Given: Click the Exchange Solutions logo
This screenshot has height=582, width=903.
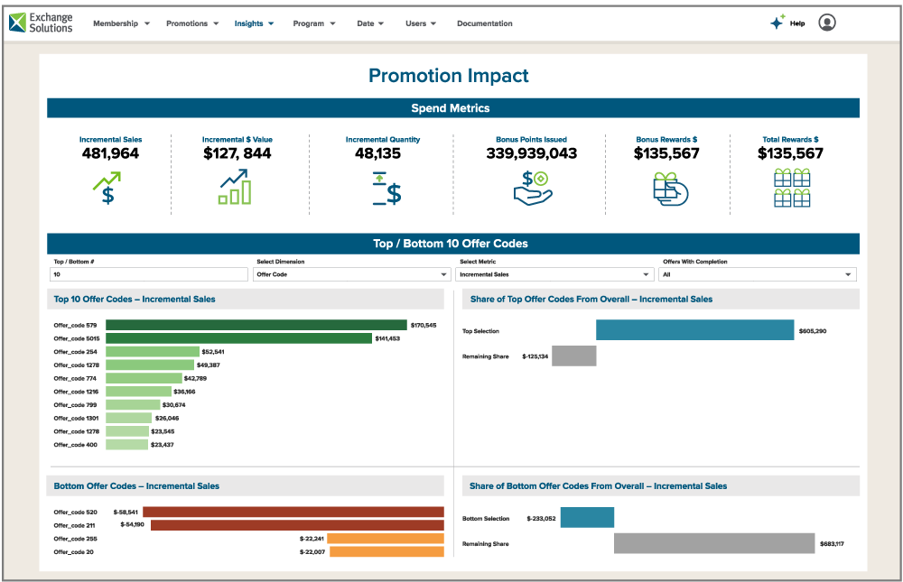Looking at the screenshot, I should click(x=41, y=23).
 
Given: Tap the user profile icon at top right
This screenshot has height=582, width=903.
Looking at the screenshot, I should click(x=826, y=23).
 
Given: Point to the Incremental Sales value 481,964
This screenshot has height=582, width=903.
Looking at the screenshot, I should click(x=110, y=153).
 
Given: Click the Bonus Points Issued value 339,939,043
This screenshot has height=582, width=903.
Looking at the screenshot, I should click(x=531, y=153).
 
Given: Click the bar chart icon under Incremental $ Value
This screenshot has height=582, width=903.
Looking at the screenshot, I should click(x=236, y=188).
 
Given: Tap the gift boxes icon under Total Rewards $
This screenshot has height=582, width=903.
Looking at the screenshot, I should click(x=791, y=189).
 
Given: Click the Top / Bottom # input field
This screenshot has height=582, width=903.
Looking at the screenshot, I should click(x=149, y=274).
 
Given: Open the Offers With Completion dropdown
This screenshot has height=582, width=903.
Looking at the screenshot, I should click(x=757, y=274).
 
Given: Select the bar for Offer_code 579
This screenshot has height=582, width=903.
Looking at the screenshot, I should click(x=256, y=325).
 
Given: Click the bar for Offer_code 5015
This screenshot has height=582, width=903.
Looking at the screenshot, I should click(x=238, y=338).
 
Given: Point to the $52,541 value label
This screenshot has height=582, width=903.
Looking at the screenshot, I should click(x=213, y=352).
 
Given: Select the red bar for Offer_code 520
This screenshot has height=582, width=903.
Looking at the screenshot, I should click(x=293, y=512).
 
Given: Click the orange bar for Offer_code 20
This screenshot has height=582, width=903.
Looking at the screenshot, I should click(x=386, y=551).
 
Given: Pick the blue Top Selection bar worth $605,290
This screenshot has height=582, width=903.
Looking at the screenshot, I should click(x=694, y=330).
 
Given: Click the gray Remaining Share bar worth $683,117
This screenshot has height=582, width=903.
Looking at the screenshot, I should click(x=714, y=543).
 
